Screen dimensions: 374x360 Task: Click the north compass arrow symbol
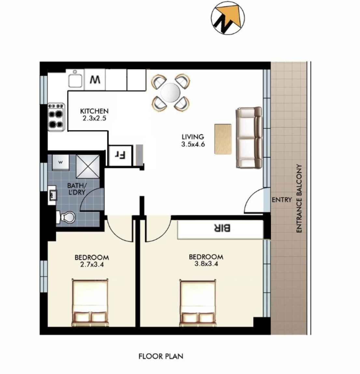point(228,18)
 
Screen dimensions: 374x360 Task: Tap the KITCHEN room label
point(94,111)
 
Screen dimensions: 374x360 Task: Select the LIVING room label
point(193,137)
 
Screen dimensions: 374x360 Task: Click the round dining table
point(171,92)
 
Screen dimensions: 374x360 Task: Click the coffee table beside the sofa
point(223,139)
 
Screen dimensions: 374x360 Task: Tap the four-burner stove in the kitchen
point(56,117)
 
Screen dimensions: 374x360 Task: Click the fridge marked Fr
point(120,156)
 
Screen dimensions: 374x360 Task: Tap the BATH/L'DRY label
point(76,189)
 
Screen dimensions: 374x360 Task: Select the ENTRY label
point(282,200)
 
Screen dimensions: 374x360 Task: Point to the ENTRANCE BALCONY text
point(299,198)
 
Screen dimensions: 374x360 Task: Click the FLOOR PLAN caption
point(161,356)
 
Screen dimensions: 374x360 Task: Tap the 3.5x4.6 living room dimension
point(193,144)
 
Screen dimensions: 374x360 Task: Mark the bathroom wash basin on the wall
point(52,195)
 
